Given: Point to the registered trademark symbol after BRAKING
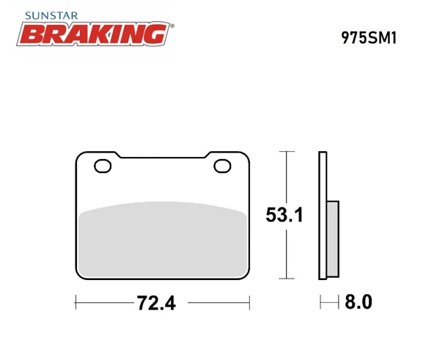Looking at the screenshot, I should [172, 26].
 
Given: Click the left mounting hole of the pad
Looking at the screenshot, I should [103, 166].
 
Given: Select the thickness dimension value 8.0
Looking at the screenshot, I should [358, 301].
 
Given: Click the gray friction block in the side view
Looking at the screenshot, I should [331, 239].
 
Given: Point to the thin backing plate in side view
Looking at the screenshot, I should [322, 216].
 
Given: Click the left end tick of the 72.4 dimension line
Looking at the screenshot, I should [77, 301].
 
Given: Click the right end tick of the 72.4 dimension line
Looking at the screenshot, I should [250, 301].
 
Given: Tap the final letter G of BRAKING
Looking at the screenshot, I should [156, 34].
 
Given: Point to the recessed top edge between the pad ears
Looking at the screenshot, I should [163, 156].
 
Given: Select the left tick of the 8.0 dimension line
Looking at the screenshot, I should [320, 301].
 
